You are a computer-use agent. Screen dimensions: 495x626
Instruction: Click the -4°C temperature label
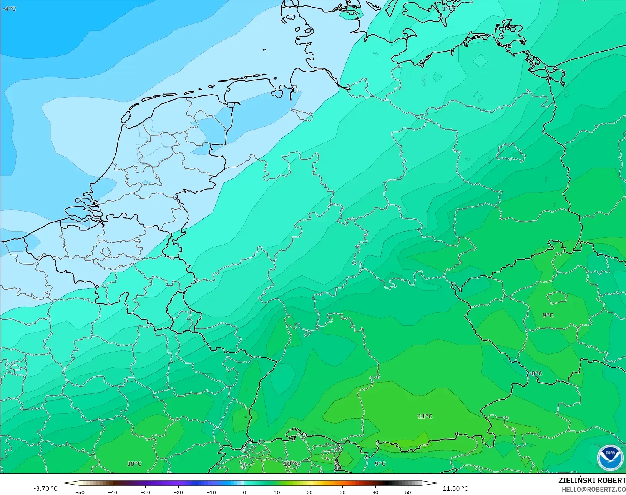click(x=10, y=8)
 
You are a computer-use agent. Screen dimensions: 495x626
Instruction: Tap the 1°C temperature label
click(x=447, y=8)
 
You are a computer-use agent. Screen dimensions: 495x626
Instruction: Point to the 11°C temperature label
click(x=425, y=416)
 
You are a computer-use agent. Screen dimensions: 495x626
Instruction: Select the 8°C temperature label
click(x=537, y=373)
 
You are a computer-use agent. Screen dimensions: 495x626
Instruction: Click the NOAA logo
click(x=610, y=457)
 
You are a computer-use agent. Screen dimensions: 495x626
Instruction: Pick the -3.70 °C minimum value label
click(x=45, y=488)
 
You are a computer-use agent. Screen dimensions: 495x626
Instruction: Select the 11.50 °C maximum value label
click(x=455, y=488)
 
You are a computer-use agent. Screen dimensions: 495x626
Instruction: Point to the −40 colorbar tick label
click(x=113, y=492)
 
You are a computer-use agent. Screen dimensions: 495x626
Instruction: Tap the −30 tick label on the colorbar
click(x=145, y=492)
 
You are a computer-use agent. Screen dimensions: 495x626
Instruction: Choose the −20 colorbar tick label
click(x=178, y=492)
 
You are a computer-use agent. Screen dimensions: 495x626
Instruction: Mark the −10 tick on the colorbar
click(x=211, y=492)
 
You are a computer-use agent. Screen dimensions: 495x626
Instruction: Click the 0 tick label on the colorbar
click(x=244, y=492)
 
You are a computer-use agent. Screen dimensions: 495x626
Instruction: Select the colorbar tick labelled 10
click(x=277, y=492)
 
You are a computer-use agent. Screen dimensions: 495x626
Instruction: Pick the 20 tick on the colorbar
click(x=310, y=492)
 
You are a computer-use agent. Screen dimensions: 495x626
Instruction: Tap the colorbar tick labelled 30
click(x=342, y=492)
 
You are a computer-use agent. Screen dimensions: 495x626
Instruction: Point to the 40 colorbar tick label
click(x=375, y=492)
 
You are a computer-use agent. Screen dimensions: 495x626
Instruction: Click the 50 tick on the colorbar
click(x=408, y=492)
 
